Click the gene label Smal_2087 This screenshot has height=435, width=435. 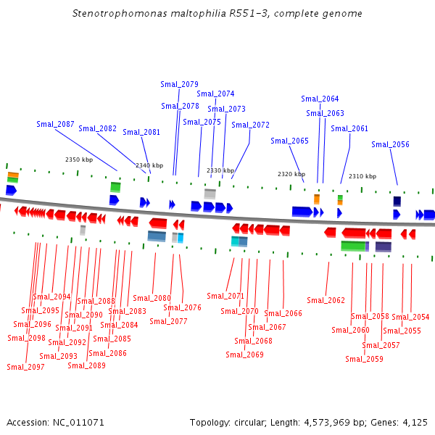(x=55, y=124)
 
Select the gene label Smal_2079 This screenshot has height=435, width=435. (x=179, y=84)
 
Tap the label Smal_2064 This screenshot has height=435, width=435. (x=320, y=99)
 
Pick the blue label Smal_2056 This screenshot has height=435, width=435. (x=390, y=144)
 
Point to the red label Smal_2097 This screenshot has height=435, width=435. (x=25, y=367)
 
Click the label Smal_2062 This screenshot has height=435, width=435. (x=326, y=300)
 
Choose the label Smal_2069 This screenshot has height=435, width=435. (x=244, y=355)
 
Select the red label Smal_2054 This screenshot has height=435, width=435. (x=410, y=317)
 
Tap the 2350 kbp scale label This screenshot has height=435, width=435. (x=79, y=159)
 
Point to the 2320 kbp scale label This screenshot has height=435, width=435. (x=291, y=174)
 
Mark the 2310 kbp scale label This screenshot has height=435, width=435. (x=362, y=176)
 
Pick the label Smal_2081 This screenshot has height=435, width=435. (x=141, y=132)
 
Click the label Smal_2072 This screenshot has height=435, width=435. (x=250, y=125)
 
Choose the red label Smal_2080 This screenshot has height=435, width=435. (x=152, y=298)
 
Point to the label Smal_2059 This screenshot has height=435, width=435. (x=364, y=359)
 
